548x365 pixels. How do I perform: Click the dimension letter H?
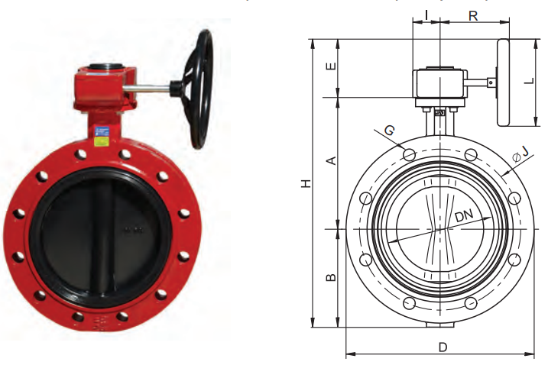306,183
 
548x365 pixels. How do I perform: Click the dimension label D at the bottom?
443,347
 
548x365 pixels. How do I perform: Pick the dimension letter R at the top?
473,16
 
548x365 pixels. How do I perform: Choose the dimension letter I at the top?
426,15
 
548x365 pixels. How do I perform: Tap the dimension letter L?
530,81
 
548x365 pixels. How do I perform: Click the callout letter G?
390,131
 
